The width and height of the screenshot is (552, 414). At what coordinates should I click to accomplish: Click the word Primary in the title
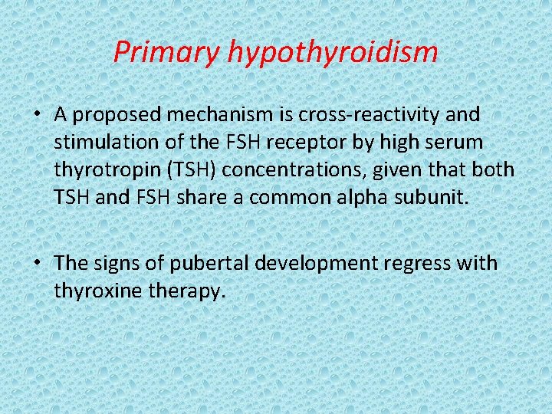click(x=166, y=52)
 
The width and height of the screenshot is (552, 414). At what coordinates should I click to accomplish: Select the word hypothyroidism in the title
click(x=333, y=52)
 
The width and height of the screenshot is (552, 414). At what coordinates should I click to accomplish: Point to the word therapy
click(x=188, y=291)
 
